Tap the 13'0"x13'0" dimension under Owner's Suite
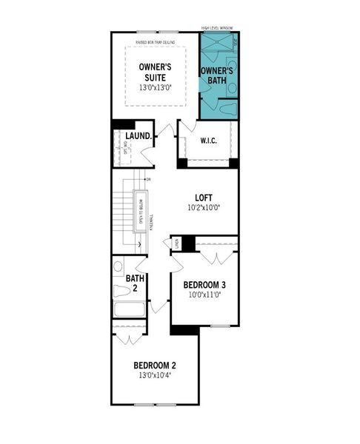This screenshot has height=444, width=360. pyautogui.click(x=155, y=87)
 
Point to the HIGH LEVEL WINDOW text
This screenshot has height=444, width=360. pyautogui.click(x=217, y=28)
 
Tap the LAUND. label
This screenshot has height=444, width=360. pyautogui.click(x=139, y=136)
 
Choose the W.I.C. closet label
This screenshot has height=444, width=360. pyautogui.click(x=207, y=141)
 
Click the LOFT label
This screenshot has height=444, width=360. pyautogui.click(x=204, y=198)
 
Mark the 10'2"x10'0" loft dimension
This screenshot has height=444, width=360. pyautogui.click(x=204, y=208)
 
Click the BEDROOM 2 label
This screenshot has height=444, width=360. pyautogui.click(x=155, y=366)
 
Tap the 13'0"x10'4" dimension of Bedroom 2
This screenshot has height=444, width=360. pyautogui.click(x=155, y=376)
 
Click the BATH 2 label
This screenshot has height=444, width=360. pyautogui.click(x=134, y=283)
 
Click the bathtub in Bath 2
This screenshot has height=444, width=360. pyautogui.click(x=130, y=310)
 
